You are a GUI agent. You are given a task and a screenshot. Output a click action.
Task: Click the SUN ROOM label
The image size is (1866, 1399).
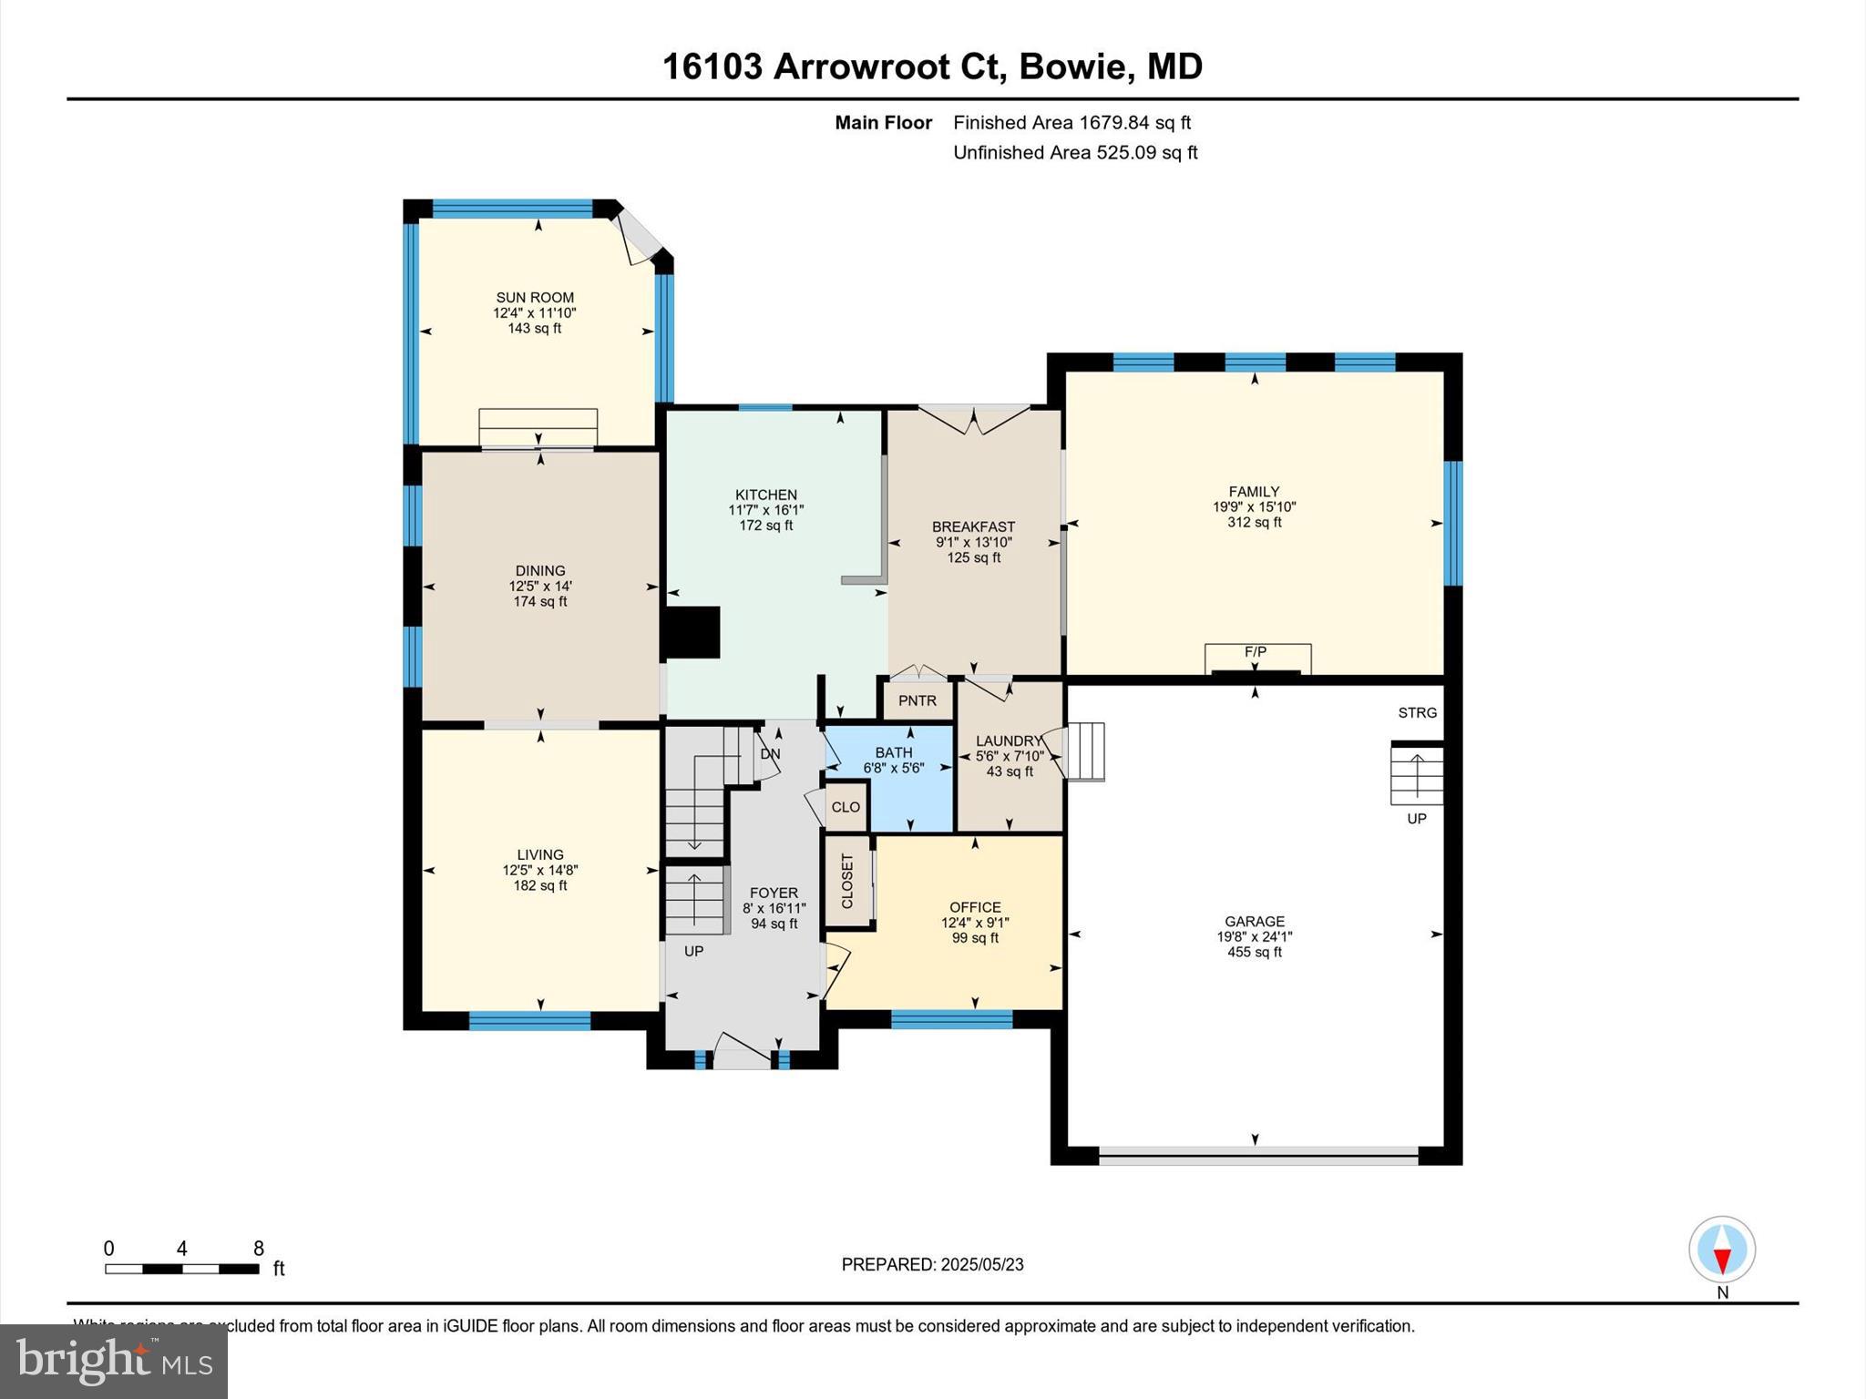[x=535, y=297]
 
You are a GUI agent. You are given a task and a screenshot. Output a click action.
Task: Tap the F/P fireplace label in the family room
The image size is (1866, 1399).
[x=1256, y=652]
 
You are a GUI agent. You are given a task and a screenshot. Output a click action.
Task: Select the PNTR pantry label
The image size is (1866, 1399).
[x=917, y=700]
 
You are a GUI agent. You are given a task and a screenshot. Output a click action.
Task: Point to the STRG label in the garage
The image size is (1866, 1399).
[x=1418, y=712]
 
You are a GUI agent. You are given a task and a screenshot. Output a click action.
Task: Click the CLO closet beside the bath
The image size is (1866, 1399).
[x=846, y=807]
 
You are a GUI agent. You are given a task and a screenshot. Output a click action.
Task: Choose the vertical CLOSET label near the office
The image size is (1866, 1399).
[x=847, y=881]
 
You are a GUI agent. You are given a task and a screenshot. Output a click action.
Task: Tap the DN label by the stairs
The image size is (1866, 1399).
[x=771, y=754]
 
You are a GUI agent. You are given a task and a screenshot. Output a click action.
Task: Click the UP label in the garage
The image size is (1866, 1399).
[x=1417, y=819]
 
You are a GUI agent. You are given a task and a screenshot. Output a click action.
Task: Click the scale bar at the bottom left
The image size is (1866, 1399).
[x=182, y=1269]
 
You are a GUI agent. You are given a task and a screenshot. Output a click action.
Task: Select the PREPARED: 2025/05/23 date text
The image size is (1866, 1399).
[x=932, y=1264]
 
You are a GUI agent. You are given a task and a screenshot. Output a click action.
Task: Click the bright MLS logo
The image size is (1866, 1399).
[x=114, y=1361]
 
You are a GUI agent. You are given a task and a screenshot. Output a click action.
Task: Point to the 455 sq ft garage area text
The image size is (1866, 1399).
[x=1255, y=952]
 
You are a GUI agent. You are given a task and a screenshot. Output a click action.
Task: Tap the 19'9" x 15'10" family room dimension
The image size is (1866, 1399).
[x=1255, y=506]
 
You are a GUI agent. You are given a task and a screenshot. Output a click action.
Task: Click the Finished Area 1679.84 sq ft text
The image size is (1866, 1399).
[x=1072, y=122]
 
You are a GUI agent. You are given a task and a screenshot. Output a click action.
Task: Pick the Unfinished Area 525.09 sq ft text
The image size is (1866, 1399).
[x=1075, y=152]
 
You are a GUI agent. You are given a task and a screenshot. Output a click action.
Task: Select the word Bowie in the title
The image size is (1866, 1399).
[x=1071, y=66]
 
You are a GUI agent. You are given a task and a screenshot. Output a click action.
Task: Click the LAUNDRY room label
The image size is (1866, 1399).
[x=1009, y=740]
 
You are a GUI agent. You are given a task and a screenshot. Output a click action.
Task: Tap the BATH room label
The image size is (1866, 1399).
[x=894, y=752]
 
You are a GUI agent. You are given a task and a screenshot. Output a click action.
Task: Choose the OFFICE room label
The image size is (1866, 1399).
[x=975, y=907]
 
